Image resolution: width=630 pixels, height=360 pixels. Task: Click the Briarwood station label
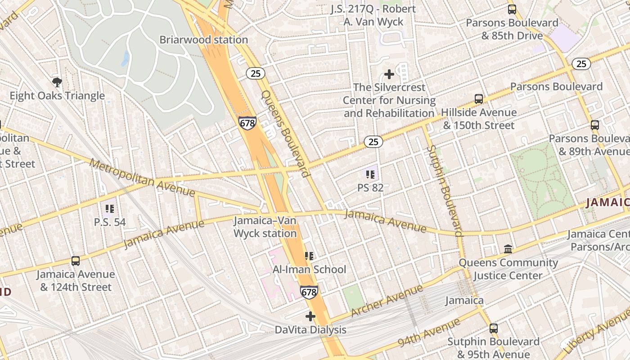click(203, 40)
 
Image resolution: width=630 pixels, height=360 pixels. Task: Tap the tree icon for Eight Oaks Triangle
click(57, 82)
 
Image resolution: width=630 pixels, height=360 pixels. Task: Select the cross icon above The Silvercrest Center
click(389, 74)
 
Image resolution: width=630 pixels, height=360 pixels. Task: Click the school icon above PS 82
click(370, 174)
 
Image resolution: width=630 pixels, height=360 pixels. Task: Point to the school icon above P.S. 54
click(110, 209)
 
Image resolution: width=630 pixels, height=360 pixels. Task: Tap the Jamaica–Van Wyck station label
click(265, 227)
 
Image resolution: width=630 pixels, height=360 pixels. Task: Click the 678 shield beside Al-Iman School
click(309, 292)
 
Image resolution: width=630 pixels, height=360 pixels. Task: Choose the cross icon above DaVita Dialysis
click(310, 316)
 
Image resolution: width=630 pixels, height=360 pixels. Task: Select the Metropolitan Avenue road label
click(143, 178)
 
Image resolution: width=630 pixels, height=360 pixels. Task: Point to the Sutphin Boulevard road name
click(445, 190)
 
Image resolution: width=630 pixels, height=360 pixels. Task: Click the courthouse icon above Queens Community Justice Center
click(508, 249)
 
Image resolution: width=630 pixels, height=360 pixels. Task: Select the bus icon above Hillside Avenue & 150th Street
click(479, 99)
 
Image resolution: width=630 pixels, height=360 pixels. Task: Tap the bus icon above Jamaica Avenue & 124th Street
click(76, 261)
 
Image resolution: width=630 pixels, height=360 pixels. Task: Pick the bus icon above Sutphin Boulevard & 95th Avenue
click(494, 328)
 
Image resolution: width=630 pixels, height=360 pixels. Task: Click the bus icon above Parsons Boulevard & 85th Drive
click(512, 9)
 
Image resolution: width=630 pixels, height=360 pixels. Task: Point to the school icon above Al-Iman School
click(309, 256)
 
